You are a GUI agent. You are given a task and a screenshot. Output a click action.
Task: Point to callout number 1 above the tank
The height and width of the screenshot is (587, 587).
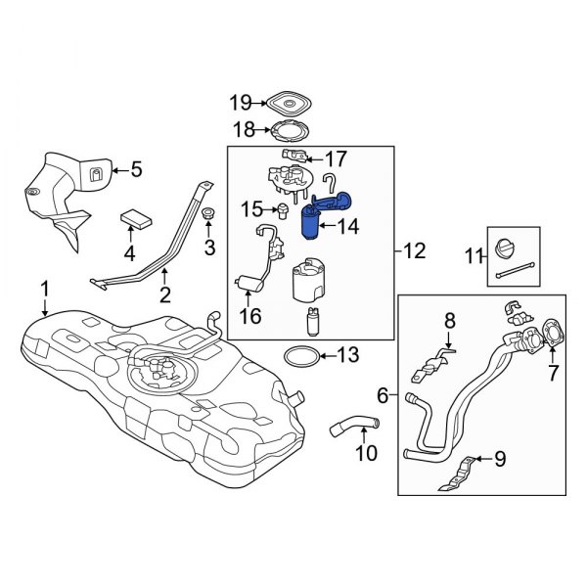click(x=43, y=289)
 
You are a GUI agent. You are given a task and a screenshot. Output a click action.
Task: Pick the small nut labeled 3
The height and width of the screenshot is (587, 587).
click(x=207, y=213)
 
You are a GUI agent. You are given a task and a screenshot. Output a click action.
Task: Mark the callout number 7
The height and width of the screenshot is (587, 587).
click(x=553, y=373)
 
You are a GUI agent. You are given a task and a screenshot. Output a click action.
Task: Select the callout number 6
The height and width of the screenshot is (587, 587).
click(x=383, y=395)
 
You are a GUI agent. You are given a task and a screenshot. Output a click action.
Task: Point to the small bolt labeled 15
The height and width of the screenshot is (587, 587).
click(x=282, y=211)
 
